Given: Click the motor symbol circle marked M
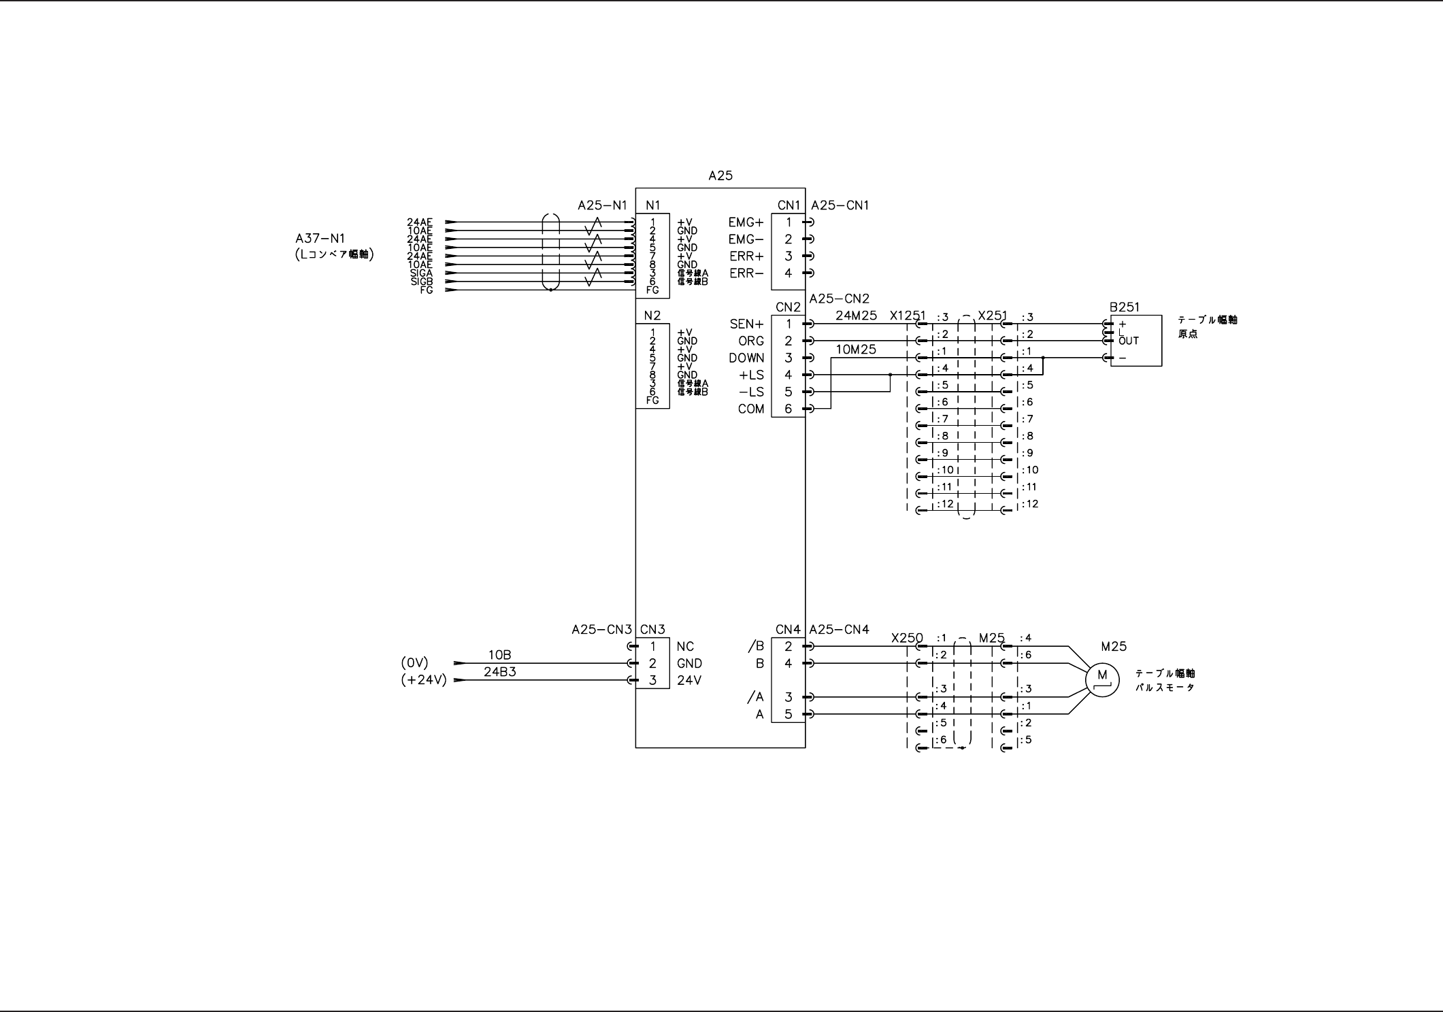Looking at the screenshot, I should (1102, 677).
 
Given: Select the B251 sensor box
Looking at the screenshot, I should (1135, 341).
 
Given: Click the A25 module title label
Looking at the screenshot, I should (720, 175).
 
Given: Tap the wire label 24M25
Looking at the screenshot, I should (856, 316).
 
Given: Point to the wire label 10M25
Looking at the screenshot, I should (856, 350).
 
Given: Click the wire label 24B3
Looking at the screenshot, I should (499, 672).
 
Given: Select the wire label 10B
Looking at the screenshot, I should (499, 655).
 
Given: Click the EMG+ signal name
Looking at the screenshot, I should (746, 222).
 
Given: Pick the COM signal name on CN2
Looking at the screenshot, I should (750, 409).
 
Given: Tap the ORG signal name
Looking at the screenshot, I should (751, 341).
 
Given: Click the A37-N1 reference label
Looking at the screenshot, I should (320, 239).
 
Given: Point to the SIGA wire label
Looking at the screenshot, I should (421, 273).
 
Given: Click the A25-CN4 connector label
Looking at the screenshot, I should (840, 630).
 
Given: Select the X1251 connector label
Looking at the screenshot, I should (908, 316).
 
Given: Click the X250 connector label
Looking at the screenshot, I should (907, 638).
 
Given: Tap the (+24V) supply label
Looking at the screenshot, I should (423, 680).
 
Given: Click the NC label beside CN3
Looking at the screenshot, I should (685, 646).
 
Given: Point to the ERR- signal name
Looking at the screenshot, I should (746, 273).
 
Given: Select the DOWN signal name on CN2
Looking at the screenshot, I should (746, 358).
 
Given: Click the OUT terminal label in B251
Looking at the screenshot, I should (1128, 341).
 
